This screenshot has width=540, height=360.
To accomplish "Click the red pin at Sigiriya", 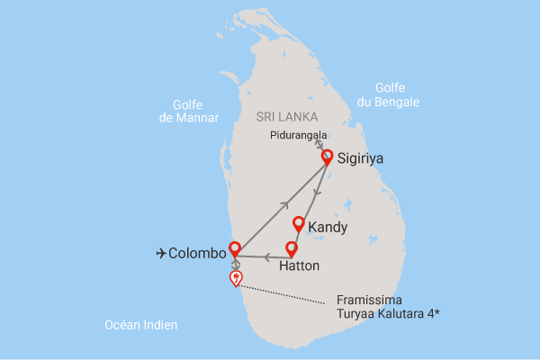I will pyautogui.click(x=327, y=156).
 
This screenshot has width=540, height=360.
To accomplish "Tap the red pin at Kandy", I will pyautogui.click(x=298, y=223).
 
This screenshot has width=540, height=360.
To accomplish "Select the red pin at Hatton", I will pyautogui.click(x=291, y=247).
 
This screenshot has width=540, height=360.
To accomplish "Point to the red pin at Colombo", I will pyautogui.click(x=235, y=247).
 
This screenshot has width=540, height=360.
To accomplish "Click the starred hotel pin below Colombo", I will pyautogui.click(x=236, y=277).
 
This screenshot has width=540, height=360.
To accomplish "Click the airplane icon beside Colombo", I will pyautogui.click(x=161, y=254).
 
